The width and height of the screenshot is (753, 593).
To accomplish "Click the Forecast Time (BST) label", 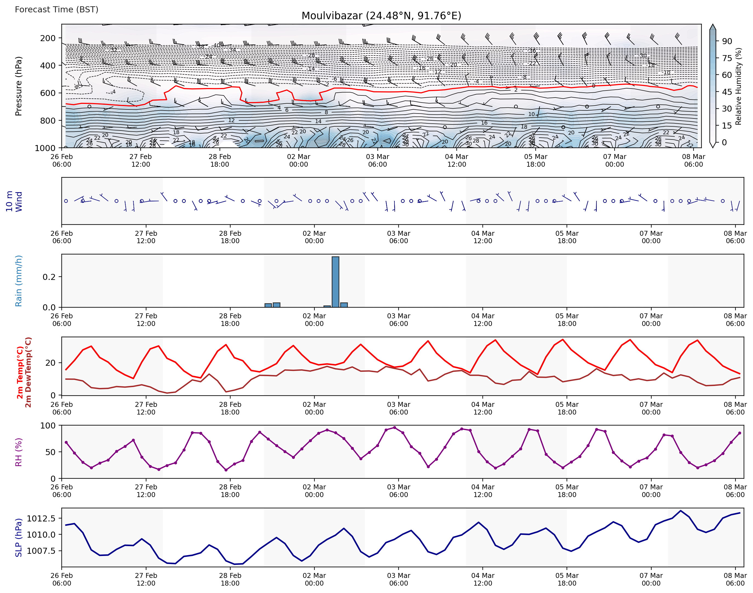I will click(56, 9).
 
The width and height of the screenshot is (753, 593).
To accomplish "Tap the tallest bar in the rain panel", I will click(335, 282).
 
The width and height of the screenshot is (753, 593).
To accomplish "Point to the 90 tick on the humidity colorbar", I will click(727, 41).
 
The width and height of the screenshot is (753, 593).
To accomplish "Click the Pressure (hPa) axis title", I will click(18, 86).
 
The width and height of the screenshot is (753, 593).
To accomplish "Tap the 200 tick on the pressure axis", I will click(48, 38).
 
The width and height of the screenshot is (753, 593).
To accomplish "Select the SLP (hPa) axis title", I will click(18, 538).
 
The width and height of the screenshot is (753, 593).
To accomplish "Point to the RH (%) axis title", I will click(18, 452).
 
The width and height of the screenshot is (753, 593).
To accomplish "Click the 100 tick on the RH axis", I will click(48, 426).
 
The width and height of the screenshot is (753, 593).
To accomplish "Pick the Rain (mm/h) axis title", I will click(18, 281).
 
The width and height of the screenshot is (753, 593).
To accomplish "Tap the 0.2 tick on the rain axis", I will click(49, 277).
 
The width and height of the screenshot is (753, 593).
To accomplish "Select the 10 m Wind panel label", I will click(14, 202).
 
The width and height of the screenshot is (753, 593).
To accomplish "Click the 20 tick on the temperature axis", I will click(50, 363).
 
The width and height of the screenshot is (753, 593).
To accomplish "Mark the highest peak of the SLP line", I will click(680, 511).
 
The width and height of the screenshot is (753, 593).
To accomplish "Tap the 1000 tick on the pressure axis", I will click(45, 148).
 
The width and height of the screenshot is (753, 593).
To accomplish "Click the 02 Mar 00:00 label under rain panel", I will click(314, 320).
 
